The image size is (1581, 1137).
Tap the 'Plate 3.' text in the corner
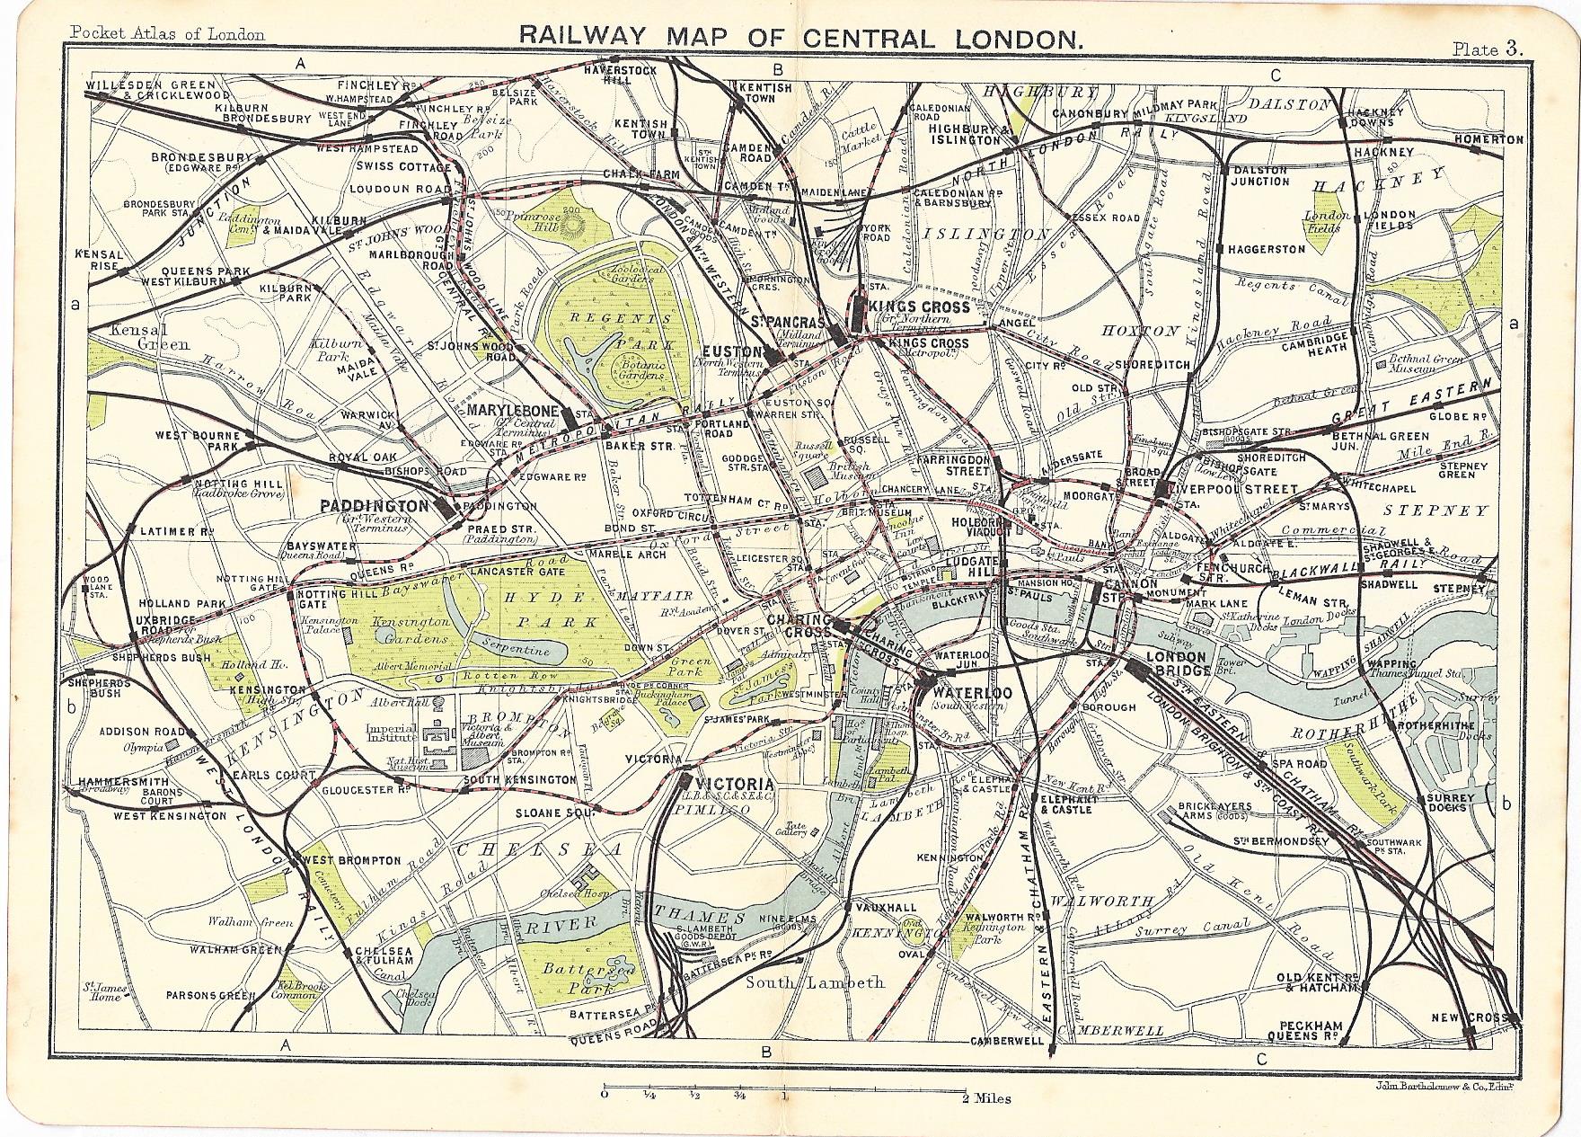click(1488, 49)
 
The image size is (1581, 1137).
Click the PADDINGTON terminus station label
click(375, 507)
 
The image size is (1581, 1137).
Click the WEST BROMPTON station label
click(352, 860)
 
